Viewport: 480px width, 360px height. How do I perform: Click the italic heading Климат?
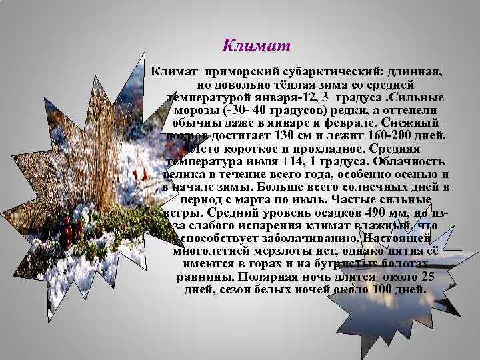tap(256, 47)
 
